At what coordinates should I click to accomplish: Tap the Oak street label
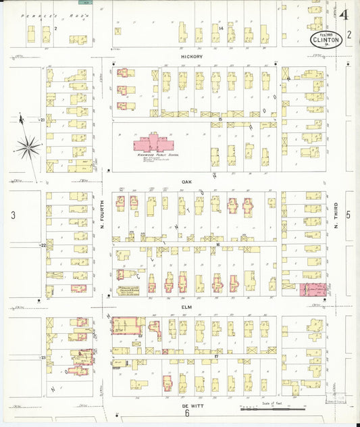click(187, 182)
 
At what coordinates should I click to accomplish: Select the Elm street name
click(187, 305)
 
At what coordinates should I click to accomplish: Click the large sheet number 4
click(345, 15)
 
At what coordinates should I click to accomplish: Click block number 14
click(221, 28)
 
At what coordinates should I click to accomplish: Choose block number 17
click(217, 355)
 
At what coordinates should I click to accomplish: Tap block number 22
click(43, 245)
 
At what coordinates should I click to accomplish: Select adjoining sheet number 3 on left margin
click(13, 215)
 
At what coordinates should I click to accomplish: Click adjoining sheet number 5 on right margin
click(349, 215)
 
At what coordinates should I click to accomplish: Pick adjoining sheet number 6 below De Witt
click(186, 414)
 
